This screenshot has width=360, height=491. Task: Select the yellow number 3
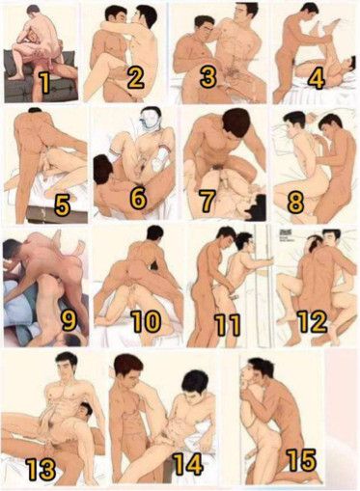click(x=208, y=76)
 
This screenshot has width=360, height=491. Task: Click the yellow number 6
click(x=138, y=198)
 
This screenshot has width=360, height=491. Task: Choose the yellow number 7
click(x=207, y=200)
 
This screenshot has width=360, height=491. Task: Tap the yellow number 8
click(x=295, y=203)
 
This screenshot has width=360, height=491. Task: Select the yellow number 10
click(x=146, y=321)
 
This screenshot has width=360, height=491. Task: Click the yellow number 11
click(x=228, y=324)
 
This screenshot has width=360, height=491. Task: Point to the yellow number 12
click(x=312, y=321)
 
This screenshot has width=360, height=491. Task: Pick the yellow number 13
click(x=41, y=469)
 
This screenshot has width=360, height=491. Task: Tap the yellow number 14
click(x=187, y=463)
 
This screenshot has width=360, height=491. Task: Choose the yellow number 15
click(x=302, y=460)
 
